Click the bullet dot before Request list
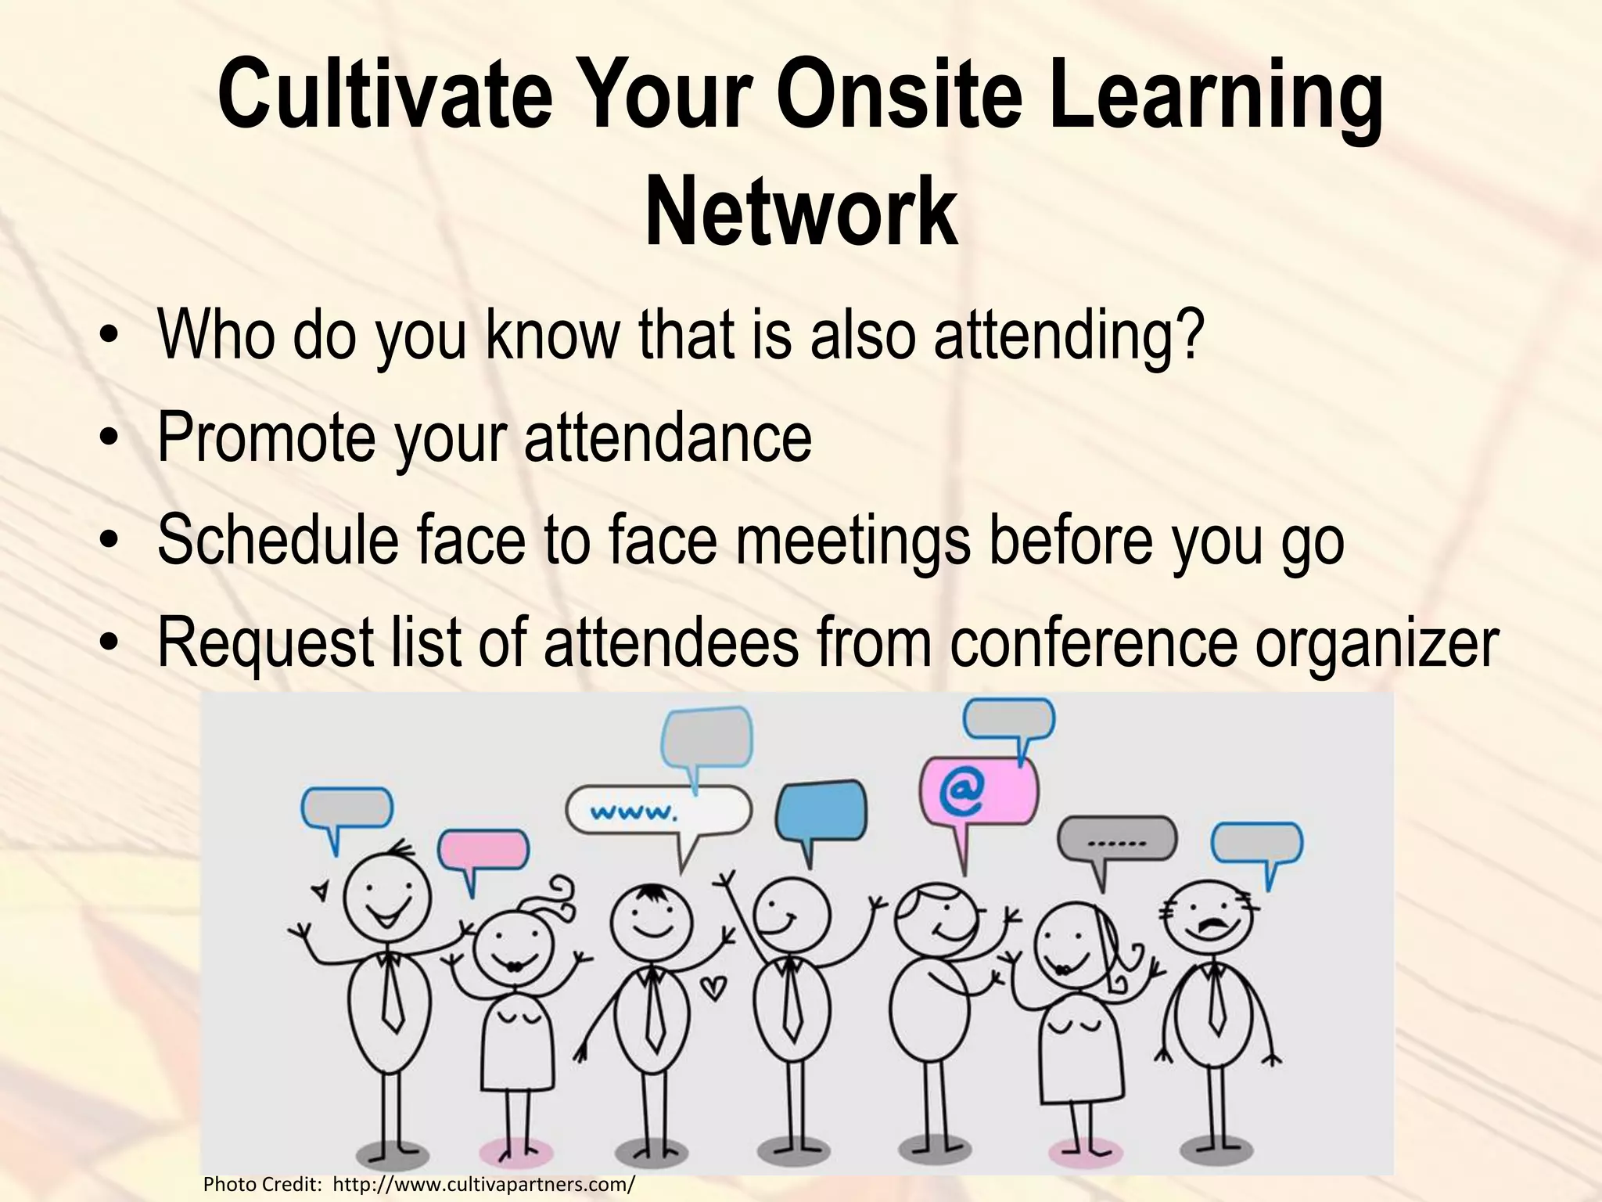tap(113, 646)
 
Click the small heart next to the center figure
tap(713, 988)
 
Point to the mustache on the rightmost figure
tap(1209, 930)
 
